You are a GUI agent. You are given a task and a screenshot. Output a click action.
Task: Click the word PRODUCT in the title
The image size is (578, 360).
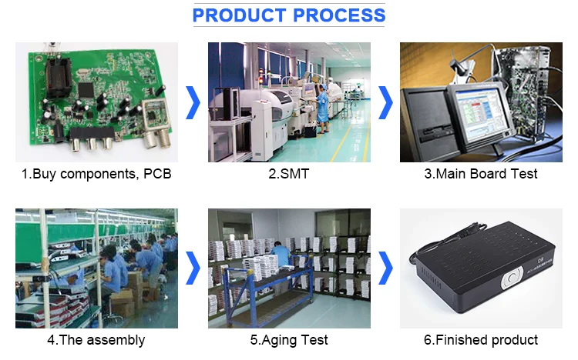[x=239, y=15]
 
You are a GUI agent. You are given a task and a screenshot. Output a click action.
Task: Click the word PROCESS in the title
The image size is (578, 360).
[x=339, y=15]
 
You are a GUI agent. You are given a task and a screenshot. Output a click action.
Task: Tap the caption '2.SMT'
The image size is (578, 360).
[x=289, y=174]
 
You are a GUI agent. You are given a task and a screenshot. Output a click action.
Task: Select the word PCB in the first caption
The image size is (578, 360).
[x=157, y=174]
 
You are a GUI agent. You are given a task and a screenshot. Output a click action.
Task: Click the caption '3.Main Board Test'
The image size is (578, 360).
[x=481, y=174]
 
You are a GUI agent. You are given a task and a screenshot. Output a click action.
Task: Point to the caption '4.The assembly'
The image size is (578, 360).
[x=96, y=340]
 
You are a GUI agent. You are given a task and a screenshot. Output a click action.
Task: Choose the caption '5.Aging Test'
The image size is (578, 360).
[x=289, y=340]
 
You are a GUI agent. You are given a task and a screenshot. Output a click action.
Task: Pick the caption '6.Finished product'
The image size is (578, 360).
[x=481, y=340]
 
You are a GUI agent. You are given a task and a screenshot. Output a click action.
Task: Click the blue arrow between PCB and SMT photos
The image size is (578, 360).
[x=193, y=103]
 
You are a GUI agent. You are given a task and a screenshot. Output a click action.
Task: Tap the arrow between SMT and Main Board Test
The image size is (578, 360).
[x=385, y=103]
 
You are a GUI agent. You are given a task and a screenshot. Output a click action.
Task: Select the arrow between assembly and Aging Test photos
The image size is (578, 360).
[x=193, y=268]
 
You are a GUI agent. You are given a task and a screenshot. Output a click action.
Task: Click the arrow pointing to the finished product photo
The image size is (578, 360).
[x=385, y=268]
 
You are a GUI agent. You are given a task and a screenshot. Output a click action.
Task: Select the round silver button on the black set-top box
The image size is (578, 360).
[x=512, y=278]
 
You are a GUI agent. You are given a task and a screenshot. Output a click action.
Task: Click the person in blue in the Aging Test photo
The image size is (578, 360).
[x=281, y=255]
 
